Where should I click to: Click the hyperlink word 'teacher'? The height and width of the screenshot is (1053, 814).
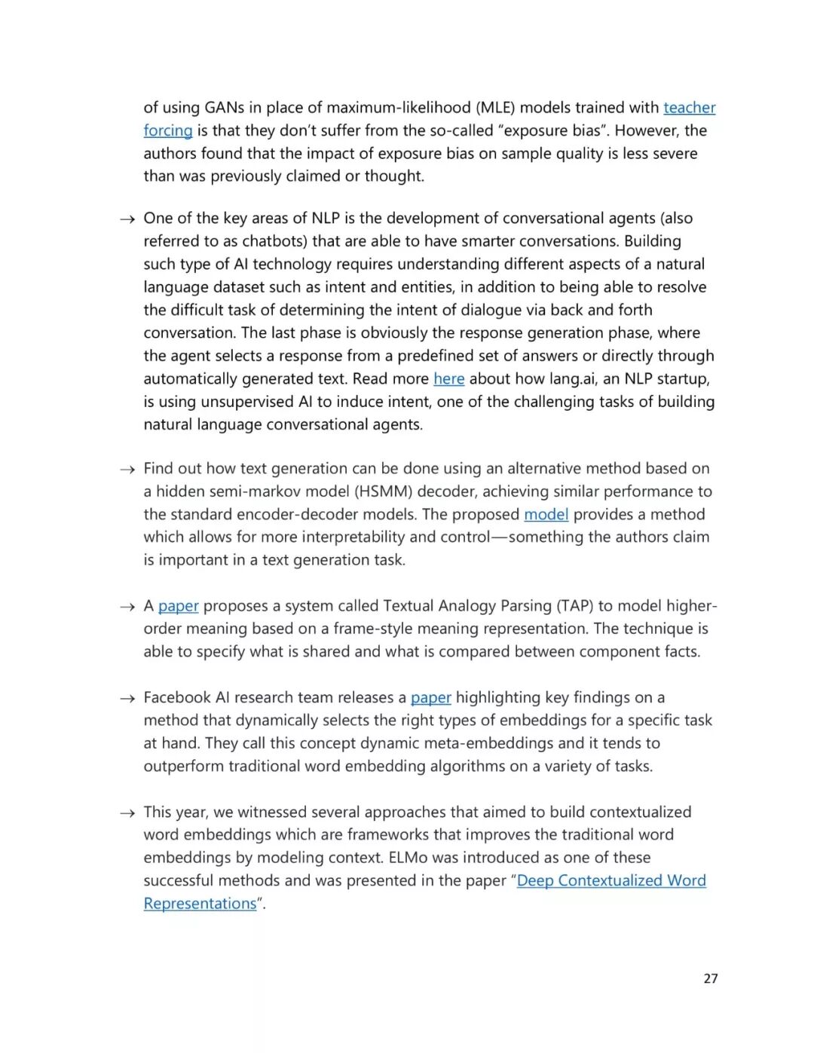pos(689,108)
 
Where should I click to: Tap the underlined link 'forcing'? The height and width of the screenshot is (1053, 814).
pos(168,130)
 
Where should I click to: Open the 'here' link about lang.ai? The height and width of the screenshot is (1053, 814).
pos(448,378)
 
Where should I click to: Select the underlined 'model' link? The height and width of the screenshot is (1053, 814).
pos(546,514)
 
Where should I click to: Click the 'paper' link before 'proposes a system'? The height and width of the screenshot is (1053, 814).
pos(179,606)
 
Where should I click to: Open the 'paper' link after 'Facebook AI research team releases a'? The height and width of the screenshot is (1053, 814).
pos(430,697)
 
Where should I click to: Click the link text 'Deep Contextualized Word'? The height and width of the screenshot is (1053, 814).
pos(611,880)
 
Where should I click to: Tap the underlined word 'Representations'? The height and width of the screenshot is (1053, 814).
pos(200,903)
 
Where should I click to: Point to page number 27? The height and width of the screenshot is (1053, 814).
pos(710,978)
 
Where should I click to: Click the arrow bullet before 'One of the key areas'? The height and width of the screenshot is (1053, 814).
pos(127,219)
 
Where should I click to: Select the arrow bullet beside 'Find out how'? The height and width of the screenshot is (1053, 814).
pos(127,470)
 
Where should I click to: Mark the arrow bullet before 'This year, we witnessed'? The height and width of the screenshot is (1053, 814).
pos(127,813)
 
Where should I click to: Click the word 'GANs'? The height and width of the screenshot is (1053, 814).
pos(224,108)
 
